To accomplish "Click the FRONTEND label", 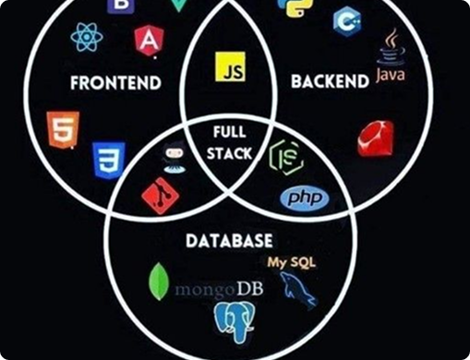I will pyautogui.click(x=115, y=83).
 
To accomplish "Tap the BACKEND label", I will pyautogui.click(x=330, y=82).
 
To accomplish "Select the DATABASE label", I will pyautogui.click(x=229, y=241).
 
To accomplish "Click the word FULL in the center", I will pyautogui.click(x=230, y=132).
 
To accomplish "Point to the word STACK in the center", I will pyautogui.click(x=230, y=153).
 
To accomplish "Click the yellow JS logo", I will pyautogui.click(x=229, y=68).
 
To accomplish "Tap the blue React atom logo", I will pyautogui.click(x=86, y=36).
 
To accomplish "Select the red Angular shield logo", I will pyautogui.click(x=148, y=39).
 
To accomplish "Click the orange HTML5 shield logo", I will pyautogui.click(x=63, y=130).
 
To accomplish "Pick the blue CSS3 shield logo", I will pyautogui.click(x=108, y=160).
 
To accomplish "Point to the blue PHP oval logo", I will pyautogui.click(x=304, y=198).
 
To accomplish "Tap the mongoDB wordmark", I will pyautogui.click(x=218, y=289).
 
